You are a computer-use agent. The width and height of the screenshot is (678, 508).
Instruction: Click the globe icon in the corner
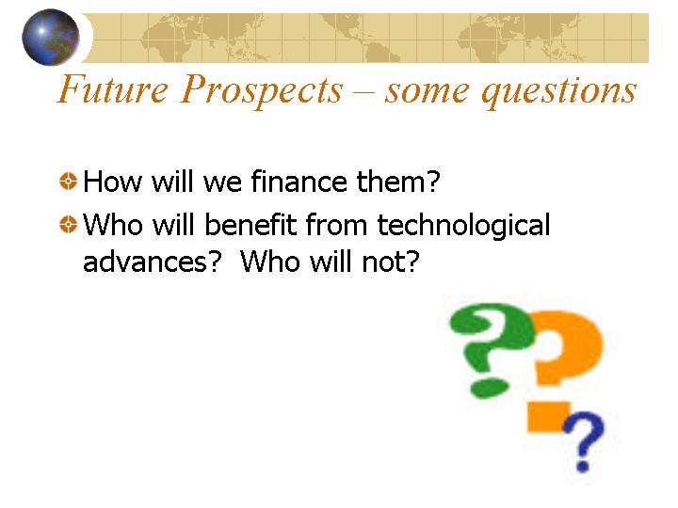(51, 37)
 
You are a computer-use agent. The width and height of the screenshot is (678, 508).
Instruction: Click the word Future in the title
(113, 88)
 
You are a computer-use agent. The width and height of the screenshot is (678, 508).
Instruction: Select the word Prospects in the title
(262, 90)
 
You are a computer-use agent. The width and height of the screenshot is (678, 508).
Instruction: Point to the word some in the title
(427, 92)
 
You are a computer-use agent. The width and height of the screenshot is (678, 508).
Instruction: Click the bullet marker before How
(68, 181)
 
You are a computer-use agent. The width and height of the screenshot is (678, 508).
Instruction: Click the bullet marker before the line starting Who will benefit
(68, 224)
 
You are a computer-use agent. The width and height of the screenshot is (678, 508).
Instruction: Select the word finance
(299, 181)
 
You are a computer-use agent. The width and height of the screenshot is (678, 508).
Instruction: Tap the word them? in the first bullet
(398, 181)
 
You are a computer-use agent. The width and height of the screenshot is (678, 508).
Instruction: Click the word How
(112, 181)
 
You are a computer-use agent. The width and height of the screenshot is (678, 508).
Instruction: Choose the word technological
(463, 226)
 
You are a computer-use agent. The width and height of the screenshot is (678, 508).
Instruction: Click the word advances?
(153, 262)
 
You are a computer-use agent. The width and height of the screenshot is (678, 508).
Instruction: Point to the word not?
(391, 262)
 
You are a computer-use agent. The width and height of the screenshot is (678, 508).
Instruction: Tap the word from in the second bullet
(336, 224)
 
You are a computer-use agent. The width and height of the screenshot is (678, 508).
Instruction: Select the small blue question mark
(584, 440)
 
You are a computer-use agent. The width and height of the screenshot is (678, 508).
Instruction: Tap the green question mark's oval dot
(489, 388)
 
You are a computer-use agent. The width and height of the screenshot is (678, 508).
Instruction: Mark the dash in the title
(364, 93)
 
